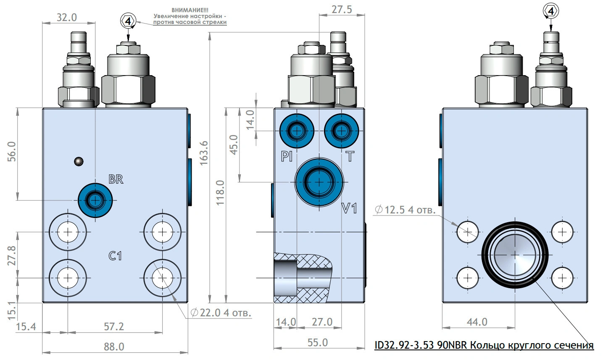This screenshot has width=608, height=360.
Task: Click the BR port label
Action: click(x=116, y=179)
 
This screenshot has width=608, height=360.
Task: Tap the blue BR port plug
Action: click(x=95, y=200)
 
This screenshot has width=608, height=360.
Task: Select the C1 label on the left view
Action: click(x=115, y=255)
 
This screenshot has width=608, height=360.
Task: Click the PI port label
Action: click(x=287, y=157)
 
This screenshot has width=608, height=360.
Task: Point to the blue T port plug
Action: click(x=341, y=131)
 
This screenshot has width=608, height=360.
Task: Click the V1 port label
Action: click(x=349, y=208)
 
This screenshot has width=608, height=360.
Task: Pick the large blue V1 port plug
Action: click(x=319, y=182)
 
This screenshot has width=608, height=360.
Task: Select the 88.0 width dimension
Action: click(x=114, y=347)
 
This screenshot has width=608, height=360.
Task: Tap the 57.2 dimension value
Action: click(x=114, y=326)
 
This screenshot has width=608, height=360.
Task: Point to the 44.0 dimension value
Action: click(x=477, y=322)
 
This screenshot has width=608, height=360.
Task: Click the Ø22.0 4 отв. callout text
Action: click(x=221, y=313)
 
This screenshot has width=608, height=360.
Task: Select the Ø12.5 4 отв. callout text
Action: click(x=405, y=209)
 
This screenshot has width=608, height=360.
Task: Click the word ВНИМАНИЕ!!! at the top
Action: click(x=190, y=10)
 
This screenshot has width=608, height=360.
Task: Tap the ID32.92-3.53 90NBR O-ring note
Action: click(x=484, y=345)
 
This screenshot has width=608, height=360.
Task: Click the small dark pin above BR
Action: click(x=78, y=161)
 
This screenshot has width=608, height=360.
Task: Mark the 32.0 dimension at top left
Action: click(x=67, y=17)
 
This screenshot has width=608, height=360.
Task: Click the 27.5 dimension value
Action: click(x=342, y=9)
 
